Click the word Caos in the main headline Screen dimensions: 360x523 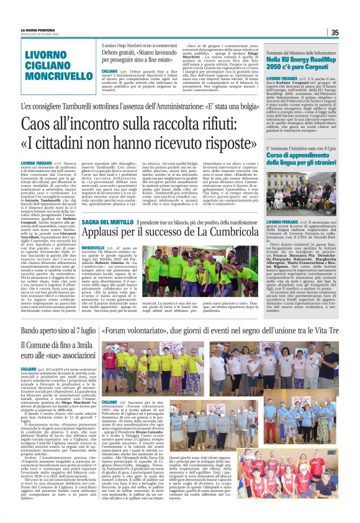pos(57,125)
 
